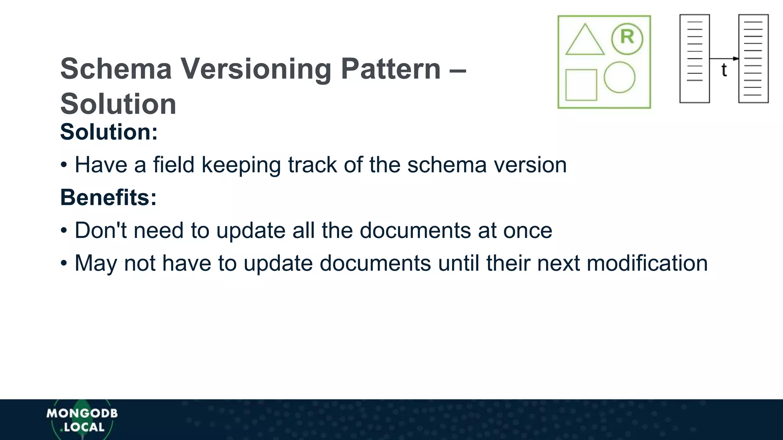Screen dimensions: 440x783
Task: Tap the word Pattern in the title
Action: pyautogui.click(x=391, y=69)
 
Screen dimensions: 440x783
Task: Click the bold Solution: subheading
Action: pyautogui.click(x=109, y=132)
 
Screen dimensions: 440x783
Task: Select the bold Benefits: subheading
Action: pyautogui.click(x=109, y=198)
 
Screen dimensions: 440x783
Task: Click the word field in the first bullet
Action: pyautogui.click(x=174, y=165)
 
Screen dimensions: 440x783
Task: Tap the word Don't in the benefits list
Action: pyautogui.click(x=100, y=231)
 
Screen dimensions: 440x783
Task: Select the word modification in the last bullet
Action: pyautogui.click(x=647, y=264)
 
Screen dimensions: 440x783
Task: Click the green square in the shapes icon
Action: pyautogui.click(x=581, y=85)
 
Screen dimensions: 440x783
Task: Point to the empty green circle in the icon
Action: pyautogui.click(x=619, y=78)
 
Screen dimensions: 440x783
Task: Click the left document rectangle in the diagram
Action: pyautogui.click(x=694, y=58)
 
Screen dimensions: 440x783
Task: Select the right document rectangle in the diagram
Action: pyautogui.click(x=753, y=58)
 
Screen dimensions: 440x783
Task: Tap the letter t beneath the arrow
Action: pyautogui.click(x=724, y=70)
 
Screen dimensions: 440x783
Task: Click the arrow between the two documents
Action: pyautogui.click(x=724, y=58)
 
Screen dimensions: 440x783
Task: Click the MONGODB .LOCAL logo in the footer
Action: pyautogui.click(x=82, y=420)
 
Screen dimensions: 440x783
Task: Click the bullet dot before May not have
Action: pyautogui.click(x=64, y=264)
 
